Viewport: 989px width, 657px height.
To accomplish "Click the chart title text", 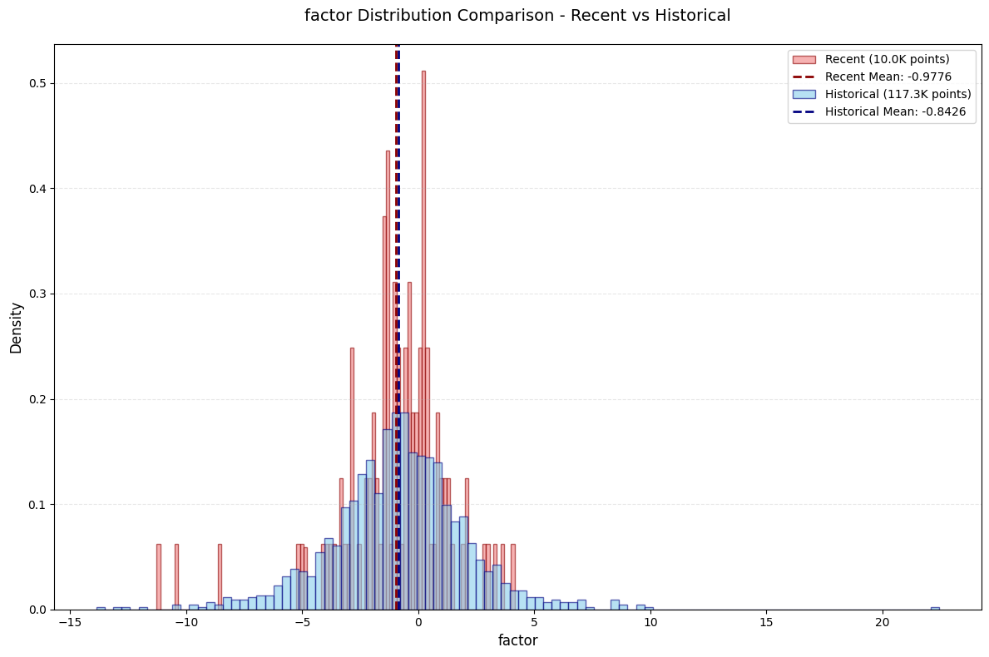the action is tap(517, 15).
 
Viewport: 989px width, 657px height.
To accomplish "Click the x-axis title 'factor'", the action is tap(518, 640).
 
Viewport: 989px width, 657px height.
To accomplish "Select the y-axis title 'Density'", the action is tap(16, 328).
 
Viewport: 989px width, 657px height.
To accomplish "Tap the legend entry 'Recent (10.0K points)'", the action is tap(887, 59).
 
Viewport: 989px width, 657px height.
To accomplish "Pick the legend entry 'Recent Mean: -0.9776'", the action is tap(888, 77).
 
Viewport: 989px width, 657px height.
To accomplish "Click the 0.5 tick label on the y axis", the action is tap(37, 83).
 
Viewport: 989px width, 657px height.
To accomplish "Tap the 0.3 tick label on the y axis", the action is tap(37, 294).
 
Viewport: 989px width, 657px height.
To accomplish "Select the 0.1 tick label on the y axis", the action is tap(37, 505).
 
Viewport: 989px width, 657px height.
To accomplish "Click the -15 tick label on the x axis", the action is tap(70, 622).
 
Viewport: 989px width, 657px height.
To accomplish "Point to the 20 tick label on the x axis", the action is tap(883, 622).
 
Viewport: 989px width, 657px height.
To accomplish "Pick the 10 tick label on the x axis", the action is tap(650, 622).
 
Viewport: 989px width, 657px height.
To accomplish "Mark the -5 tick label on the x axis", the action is tap(302, 622).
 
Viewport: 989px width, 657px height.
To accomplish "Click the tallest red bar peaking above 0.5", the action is tap(423, 340).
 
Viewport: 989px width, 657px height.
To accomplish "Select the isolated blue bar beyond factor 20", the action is tap(936, 609).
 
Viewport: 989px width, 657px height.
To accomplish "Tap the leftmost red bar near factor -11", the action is tap(159, 577).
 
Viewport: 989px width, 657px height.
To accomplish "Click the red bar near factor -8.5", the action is tap(220, 577).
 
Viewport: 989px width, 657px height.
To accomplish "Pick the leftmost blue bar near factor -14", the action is tap(101, 609).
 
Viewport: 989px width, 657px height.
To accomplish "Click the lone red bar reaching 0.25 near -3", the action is tap(352, 478).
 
